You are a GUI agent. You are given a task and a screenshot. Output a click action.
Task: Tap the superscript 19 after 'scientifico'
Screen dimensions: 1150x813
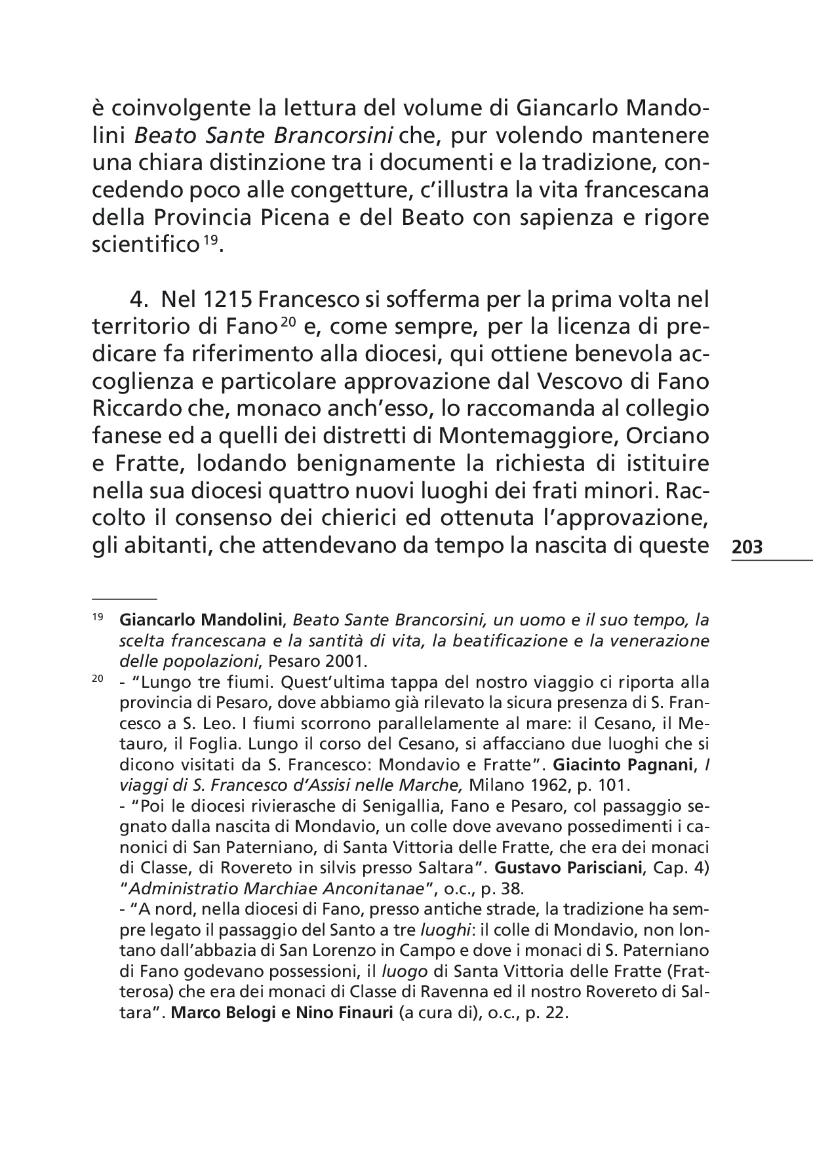[x=209, y=242]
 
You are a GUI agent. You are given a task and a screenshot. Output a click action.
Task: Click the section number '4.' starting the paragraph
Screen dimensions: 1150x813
[x=141, y=300]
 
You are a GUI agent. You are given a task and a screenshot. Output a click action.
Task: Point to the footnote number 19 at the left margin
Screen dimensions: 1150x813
[x=97, y=618]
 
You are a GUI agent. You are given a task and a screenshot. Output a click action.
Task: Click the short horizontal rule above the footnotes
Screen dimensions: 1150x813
[x=125, y=599]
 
